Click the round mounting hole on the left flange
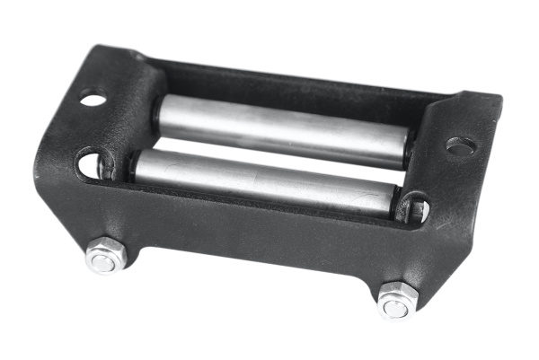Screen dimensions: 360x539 click(x=93, y=99)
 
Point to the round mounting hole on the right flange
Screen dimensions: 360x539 click(x=460, y=145)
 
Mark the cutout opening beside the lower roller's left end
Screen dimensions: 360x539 click(x=89, y=164)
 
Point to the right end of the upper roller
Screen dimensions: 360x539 click(x=407, y=146)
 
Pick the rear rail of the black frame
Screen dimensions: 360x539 click(x=296, y=82)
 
